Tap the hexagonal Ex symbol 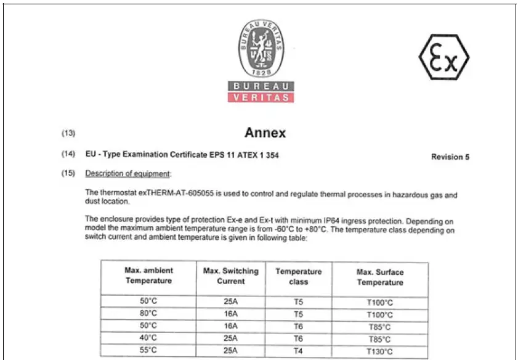(444, 58)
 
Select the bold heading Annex (265, 133)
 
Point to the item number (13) (68, 133)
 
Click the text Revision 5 (450, 157)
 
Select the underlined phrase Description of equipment (128, 173)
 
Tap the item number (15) (68, 173)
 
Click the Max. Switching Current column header (231, 276)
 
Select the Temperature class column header (299, 276)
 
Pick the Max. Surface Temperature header (380, 277)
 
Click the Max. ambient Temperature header (148, 275)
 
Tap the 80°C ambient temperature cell (149, 314)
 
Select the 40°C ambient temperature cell (149, 337)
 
